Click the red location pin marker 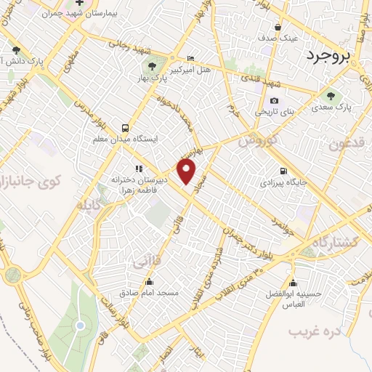[187, 172]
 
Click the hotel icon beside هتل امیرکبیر [190, 59]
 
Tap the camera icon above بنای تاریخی [274, 101]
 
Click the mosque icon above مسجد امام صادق [150, 281]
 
